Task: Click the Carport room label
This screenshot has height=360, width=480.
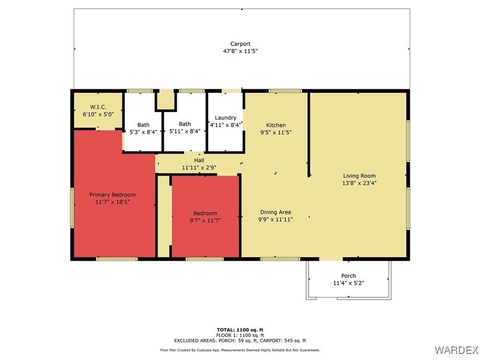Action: [x=240, y=44]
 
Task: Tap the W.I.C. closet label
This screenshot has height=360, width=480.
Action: [x=98, y=107]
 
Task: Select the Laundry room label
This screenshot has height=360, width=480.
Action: [x=226, y=118]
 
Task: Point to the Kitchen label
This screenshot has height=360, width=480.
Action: [x=276, y=125]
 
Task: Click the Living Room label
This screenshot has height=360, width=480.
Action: [x=359, y=176]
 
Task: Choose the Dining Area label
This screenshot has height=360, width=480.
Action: [x=276, y=212]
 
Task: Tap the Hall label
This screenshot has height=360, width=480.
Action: [x=199, y=160]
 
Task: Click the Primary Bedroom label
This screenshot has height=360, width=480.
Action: [x=112, y=195]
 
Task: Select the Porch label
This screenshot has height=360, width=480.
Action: [x=348, y=276]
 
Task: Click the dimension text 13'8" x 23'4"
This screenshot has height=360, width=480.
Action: [x=359, y=183]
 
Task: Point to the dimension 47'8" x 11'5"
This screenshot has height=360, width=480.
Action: [x=240, y=51]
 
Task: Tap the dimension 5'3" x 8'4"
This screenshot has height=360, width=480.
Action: [x=143, y=132]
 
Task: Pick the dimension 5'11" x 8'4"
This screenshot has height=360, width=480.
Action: [x=185, y=131]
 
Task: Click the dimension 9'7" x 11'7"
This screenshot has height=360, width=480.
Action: [x=205, y=220]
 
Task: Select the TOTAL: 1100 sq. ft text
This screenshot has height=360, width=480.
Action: [x=240, y=330]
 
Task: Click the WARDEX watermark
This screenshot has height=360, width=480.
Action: [x=456, y=349]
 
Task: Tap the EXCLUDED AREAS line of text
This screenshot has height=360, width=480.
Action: [x=240, y=340]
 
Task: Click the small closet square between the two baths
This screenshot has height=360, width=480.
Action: [x=166, y=100]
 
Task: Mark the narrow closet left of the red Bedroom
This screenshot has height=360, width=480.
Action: [x=164, y=216]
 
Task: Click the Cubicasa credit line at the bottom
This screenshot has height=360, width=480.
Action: [x=240, y=350]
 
